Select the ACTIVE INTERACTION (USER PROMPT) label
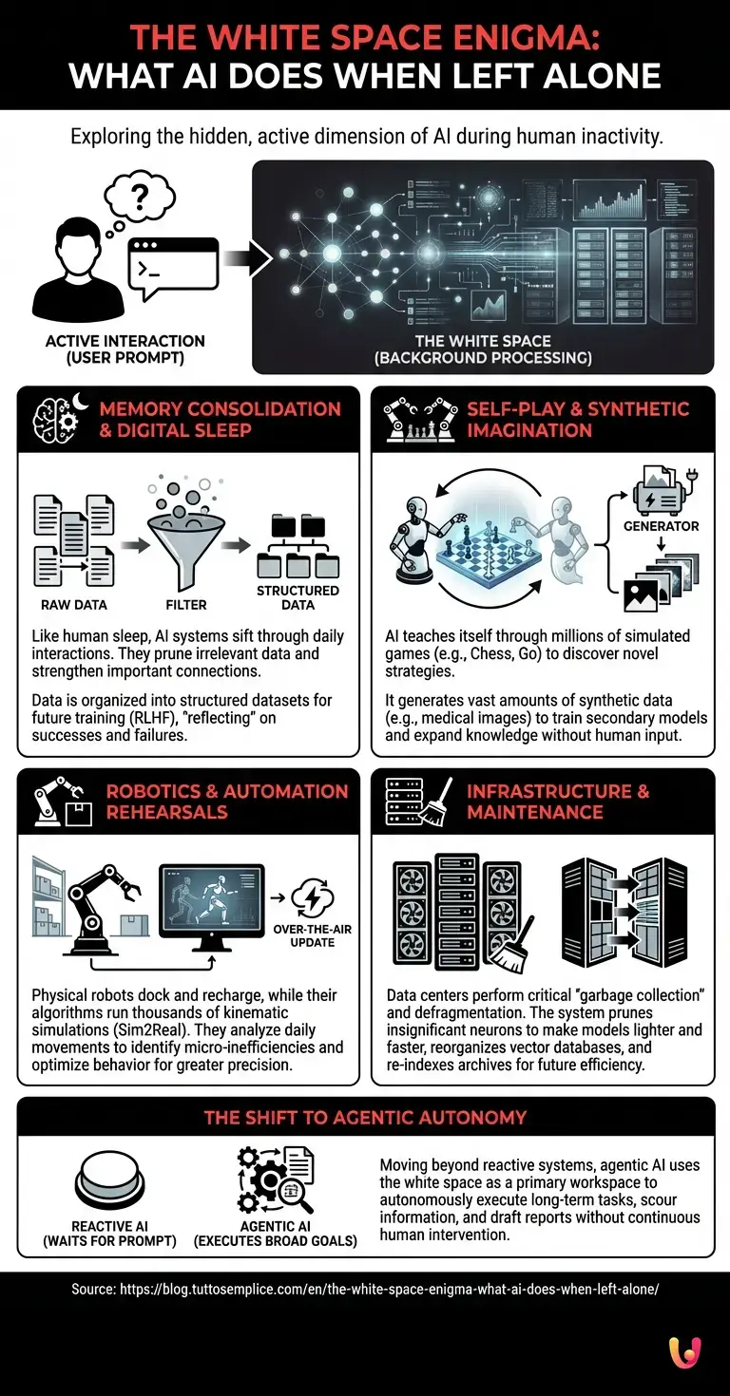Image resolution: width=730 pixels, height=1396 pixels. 125,349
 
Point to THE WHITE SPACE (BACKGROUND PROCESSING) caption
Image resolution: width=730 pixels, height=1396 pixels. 484,349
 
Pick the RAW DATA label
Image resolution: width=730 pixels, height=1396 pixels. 74,605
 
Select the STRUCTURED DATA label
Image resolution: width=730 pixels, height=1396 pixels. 298,597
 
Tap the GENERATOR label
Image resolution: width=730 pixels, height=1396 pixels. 661,525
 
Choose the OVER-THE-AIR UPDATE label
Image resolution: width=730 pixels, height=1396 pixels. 313,935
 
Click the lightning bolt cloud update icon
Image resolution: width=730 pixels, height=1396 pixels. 312,896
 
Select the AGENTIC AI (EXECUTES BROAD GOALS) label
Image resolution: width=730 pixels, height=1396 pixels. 268,1234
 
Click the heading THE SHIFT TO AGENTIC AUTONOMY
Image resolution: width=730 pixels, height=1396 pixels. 365,1118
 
